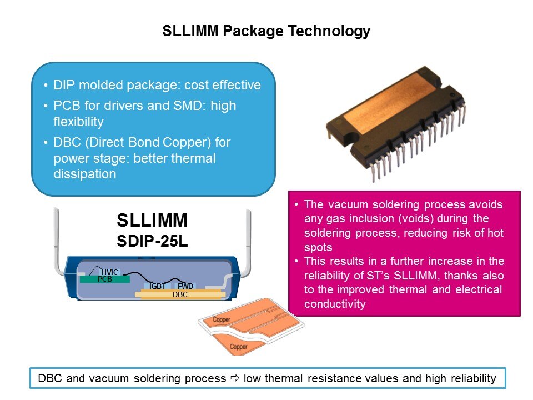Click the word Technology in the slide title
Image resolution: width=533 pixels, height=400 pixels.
click(329, 31)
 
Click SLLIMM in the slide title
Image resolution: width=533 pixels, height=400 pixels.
click(190, 31)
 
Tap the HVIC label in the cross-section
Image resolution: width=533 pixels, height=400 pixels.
click(110, 272)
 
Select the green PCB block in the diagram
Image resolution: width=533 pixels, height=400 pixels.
click(105, 279)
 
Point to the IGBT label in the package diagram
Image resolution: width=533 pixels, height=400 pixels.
click(157, 287)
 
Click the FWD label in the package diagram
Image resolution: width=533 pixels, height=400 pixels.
click(185, 287)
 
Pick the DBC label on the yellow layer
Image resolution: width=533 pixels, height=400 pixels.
click(180, 294)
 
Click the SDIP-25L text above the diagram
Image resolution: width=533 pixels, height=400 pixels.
click(152, 241)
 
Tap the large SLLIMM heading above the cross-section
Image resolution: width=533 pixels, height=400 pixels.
click(152, 220)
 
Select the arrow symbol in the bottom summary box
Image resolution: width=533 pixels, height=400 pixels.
click(235, 378)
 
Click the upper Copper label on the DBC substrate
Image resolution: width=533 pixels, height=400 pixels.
click(222, 319)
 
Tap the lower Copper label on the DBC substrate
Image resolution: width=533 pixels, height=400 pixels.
click(238, 347)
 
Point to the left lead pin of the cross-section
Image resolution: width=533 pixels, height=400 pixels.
click(57, 238)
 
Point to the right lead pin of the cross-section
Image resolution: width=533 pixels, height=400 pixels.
click(249, 238)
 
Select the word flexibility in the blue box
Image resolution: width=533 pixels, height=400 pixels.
click(78, 122)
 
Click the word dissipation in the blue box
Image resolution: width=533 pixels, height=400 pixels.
click(84, 174)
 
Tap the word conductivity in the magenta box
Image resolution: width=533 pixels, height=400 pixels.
click(335, 304)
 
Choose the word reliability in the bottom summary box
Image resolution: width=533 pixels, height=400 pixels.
click(474, 378)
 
